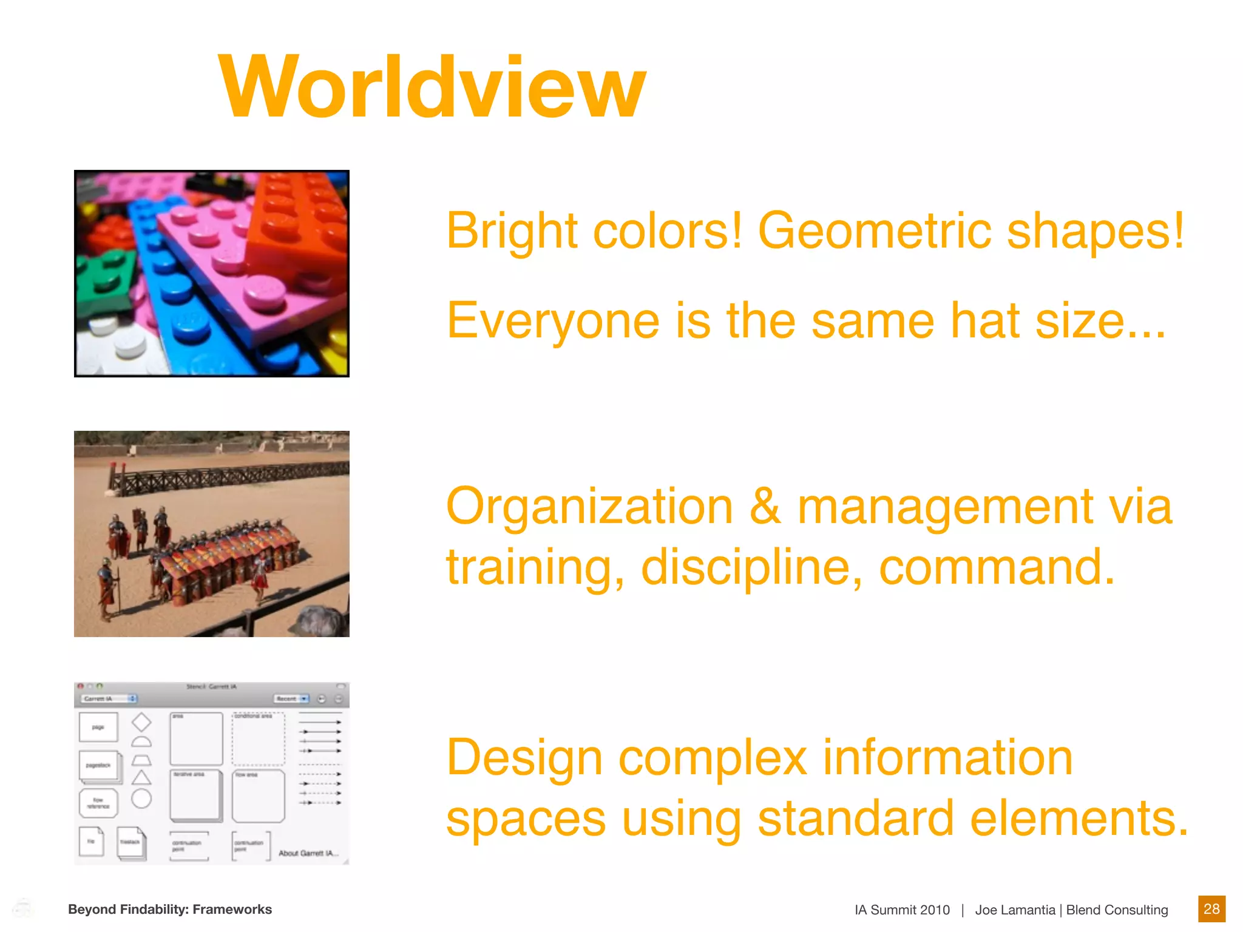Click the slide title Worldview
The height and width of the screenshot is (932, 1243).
pos(432,87)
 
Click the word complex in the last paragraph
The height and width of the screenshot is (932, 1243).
pos(713,758)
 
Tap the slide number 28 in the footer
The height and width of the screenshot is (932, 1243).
pos(1211,909)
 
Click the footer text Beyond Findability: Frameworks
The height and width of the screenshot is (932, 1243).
pos(170,909)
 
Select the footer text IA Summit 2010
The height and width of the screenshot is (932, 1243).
pos(902,910)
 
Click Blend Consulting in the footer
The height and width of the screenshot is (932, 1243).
pos(1117,910)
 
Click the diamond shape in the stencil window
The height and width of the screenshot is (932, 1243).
pos(141,722)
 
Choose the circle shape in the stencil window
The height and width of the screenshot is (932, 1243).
pos(141,799)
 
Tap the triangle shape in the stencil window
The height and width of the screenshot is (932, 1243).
pos(141,778)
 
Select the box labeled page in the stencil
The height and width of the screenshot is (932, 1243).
pos(98,727)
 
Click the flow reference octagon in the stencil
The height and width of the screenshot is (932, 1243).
pos(98,803)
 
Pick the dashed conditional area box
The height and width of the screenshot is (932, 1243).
pos(259,739)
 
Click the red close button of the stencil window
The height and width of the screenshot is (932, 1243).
pos(81,687)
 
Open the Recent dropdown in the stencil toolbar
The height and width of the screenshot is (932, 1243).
pos(291,699)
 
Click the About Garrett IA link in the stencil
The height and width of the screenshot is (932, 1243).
pos(308,853)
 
